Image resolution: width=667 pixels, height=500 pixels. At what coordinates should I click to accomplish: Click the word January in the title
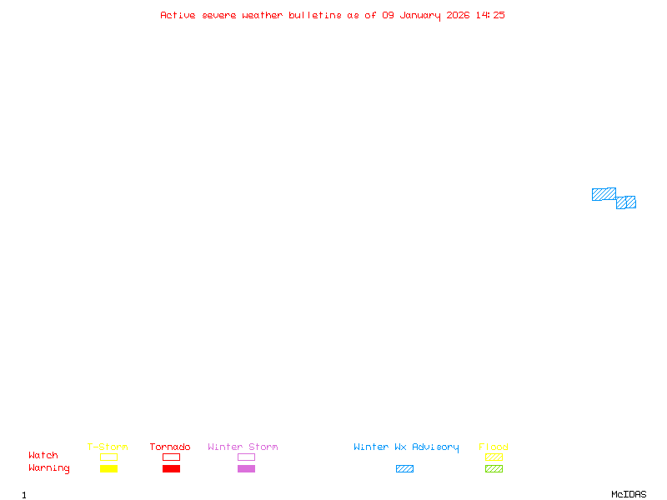click(x=420, y=16)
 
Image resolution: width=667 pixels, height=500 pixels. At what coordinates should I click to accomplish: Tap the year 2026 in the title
click(x=458, y=15)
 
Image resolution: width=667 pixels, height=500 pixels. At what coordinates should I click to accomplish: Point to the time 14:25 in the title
click(x=490, y=15)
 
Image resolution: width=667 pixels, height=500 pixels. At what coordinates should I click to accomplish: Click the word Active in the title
click(x=178, y=15)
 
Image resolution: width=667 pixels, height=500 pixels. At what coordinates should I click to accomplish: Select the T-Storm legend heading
click(x=108, y=447)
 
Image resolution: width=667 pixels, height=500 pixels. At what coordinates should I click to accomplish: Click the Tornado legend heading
click(x=170, y=447)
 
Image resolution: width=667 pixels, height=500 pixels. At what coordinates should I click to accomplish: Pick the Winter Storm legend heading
click(x=243, y=447)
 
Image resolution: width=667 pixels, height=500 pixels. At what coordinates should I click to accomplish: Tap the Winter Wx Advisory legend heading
click(x=406, y=447)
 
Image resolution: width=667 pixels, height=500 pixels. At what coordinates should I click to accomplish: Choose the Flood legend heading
click(x=494, y=447)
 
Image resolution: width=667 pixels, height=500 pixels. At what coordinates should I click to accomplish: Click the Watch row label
click(x=43, y=455)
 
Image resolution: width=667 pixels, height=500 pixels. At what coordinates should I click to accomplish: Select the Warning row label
click(x=49, y=468)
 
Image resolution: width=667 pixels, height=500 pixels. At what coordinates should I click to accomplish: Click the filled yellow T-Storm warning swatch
click(x=109, y=468)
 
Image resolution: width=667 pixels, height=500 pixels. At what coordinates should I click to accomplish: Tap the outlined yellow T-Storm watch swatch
click(x=109, y=457)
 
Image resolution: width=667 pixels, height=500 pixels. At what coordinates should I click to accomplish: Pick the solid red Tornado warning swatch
click(x=172, y=468)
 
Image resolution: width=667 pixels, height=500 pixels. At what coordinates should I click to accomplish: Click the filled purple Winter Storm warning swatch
click(x=246, y=468)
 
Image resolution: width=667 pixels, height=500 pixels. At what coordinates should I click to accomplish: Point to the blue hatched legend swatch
click(x=404, y=468)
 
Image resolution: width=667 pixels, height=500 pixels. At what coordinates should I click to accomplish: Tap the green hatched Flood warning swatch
click(x=494, y=468)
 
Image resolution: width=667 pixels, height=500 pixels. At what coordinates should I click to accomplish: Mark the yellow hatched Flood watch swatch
click(x=494, y=457)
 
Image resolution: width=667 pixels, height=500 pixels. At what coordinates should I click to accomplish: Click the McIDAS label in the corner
click(x=629, y=494)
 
